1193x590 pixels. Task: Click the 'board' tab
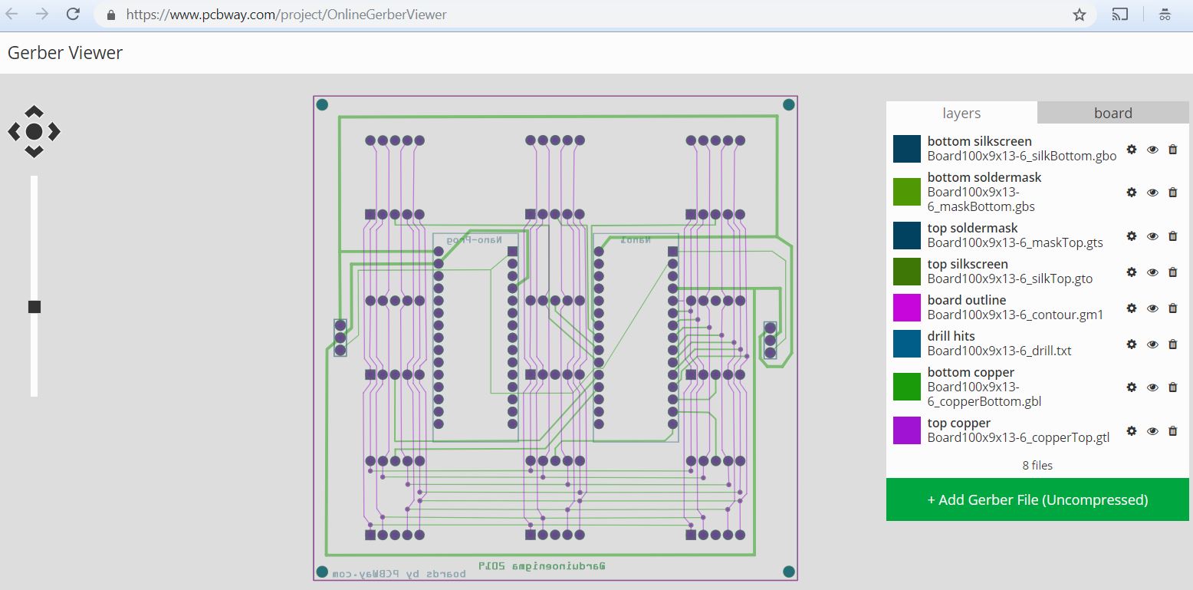(x=1112, y=113)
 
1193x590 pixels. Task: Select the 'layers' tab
(x=961, y=113)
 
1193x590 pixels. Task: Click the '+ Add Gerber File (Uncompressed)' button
(x=1037, y=499)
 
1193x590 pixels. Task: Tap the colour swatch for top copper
(x=907, y=430)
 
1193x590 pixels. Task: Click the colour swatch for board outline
(x=907, y=308)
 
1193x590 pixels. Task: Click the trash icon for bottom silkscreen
(x=1172, y=150)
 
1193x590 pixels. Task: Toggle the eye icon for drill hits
(x=1152, y=344)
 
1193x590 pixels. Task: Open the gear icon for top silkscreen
(x=1132, y=272)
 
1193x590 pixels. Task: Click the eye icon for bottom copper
(x=1152, y=387)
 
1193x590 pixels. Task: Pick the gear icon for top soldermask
(x=1132, y=236)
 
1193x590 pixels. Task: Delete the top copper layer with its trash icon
(x=1172, y=431)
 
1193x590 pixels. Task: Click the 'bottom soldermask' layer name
(x=984, y=177)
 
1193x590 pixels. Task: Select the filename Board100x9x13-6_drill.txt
(x=999, y=351)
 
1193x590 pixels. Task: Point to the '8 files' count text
(x=1037, y=466)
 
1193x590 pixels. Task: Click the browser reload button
(x=73, y=14)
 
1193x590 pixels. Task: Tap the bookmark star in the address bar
(x=1080, y=15)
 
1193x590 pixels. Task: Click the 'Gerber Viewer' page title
(x=65, y=53)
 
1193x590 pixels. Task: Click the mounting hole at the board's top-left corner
(x=322, y=104)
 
